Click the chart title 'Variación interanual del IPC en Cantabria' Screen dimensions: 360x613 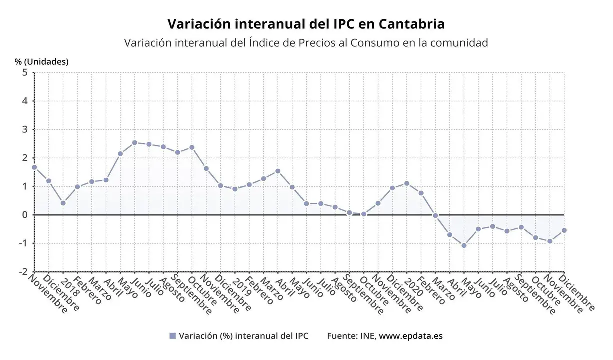pos(306,24)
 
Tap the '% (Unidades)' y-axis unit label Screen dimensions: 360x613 pos(41,62)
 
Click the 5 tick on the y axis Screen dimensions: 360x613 pos(24,72)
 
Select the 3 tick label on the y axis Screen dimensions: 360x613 pos(24,129)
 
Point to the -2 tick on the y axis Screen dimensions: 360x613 pos(22,272)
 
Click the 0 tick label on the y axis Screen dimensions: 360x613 pos(24,215)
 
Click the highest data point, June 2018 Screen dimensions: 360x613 pos(134,143)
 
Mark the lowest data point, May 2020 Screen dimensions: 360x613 pos(464,245)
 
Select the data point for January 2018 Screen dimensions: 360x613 pos(63,203)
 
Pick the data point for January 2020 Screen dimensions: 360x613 pos(407,183)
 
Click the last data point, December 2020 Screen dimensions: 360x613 pos(564,230)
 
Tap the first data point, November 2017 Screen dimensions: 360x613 pos(34,167)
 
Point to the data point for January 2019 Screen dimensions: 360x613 pos(235,189)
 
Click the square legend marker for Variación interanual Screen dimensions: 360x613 pos(173,336)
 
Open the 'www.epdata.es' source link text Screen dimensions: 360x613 pos(410,336)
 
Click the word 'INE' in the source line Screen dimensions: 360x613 pos(367,336)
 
